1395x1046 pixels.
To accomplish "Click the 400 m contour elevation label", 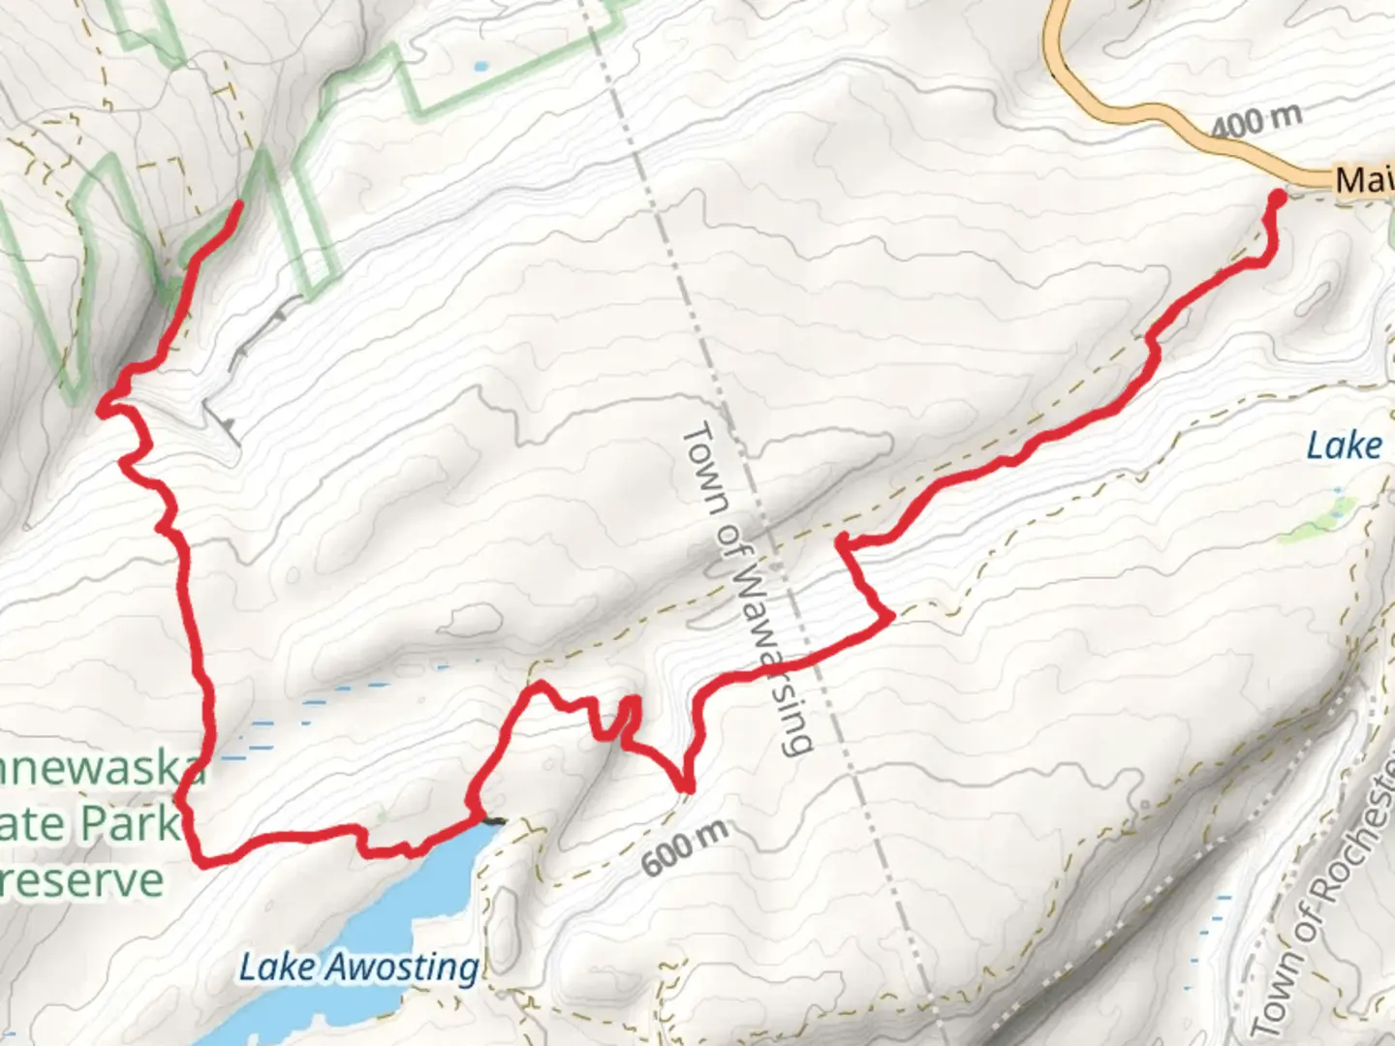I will [1255, 120].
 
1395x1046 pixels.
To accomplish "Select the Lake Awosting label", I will [358, 966].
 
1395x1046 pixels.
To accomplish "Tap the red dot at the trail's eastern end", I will [1277, 198].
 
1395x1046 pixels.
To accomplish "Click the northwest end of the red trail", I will [238, 203].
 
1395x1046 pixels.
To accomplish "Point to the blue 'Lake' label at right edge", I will [1344, 446].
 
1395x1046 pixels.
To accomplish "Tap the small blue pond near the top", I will [480, 68].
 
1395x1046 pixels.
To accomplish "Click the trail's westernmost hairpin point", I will [101, 411].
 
